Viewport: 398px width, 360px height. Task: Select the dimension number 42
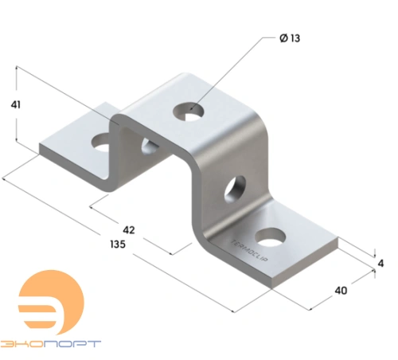click(x=128, y=229)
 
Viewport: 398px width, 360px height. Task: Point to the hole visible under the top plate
click(x=148, y=144)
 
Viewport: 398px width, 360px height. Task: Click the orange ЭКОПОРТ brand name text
click(x=52, y=344)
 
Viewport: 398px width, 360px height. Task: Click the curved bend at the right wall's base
click(x=209, y=237)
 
